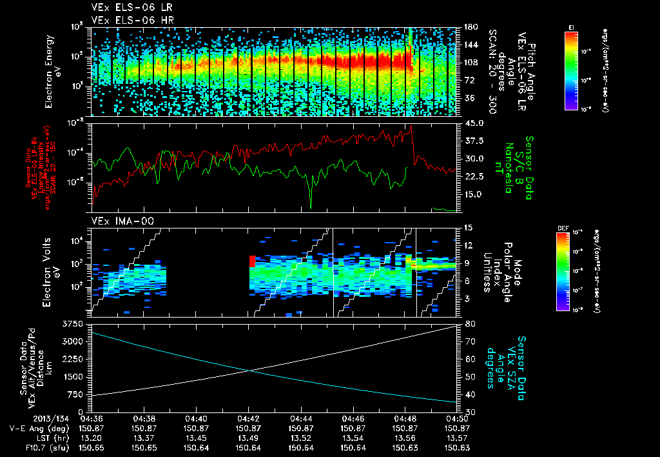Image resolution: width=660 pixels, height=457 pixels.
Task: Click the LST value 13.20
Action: [92, 438]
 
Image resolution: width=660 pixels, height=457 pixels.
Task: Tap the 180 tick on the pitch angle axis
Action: [470, 28]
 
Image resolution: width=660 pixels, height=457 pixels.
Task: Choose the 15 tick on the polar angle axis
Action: [467, 228]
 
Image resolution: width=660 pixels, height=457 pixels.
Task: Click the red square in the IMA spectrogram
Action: [252, 261]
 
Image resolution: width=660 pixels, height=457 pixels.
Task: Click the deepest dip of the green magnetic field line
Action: [311, 207]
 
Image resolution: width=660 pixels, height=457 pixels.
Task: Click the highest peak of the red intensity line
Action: [411, 126]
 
